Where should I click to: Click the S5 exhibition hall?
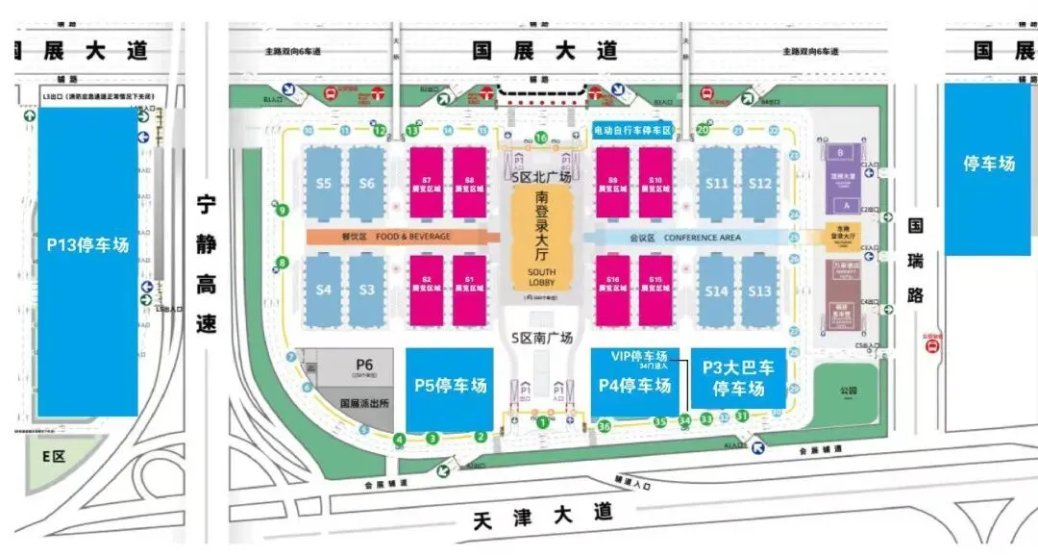pyautogui.click(x=323, y=184)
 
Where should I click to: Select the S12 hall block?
pyautogui.click(x=760, y=184)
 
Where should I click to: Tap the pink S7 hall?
pyautogui.click(x=427, y=183)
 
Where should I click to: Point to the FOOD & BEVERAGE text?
pyautogui.click(x=402, y=236)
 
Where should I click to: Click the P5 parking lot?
pyautogui.click(x=450, y=386)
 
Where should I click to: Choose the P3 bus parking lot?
pyautogui.click(x=738, y=377)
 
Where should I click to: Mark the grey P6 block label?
pyautogui.click(x=363, y=366)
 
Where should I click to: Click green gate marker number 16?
pyautogui.click(x=541, y=138)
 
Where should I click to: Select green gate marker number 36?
pyautogui.click(x=605, y=425)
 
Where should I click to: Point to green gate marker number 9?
pyautogui.click(x=283, y=211)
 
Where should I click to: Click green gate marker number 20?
pyautogui.click(x=703, y=129)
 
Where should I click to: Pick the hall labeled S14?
pyautogui.click(x=716, y=291)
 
